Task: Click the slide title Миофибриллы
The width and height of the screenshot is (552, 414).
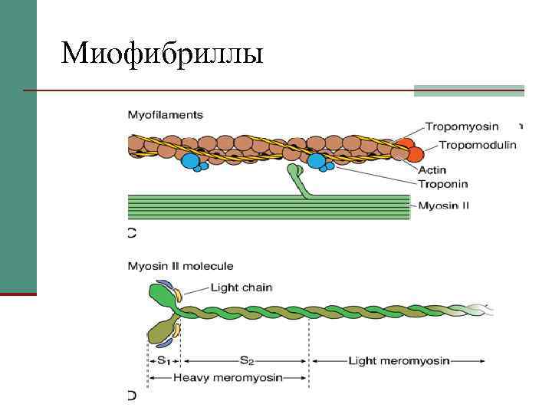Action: point(162,54)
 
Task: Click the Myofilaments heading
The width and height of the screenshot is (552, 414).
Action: point(165,115)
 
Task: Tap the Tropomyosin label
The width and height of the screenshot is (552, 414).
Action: point(462,127)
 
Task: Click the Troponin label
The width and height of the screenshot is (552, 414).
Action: point(442,184)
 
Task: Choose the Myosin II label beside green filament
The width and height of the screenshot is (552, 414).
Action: point(443,205)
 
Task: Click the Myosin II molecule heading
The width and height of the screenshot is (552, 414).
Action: point(179,267)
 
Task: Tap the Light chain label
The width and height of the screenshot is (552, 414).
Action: point(241,287)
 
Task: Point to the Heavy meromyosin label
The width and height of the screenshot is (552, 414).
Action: point(228,377)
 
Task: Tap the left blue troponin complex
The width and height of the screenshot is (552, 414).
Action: point(190,161)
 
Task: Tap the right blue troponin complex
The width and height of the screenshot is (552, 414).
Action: point(317,161)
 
